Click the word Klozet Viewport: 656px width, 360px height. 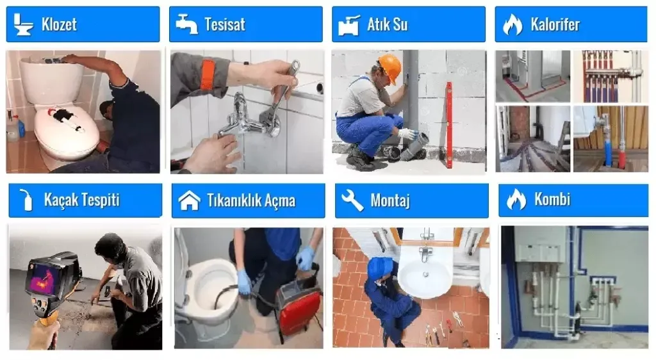click(x=59, y=24)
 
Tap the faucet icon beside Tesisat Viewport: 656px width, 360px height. click(x=186, y=24)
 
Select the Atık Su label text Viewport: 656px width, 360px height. click(x=388, y=24)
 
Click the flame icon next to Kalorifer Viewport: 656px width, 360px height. click(x=512, y=24)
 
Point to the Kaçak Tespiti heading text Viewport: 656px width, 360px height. click(x=81, y=200)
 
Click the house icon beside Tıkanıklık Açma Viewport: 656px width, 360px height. click(x=190, y=200)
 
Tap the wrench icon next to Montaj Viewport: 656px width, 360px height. click(x=352, y=200)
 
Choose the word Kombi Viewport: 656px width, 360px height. click(x=552, y=199)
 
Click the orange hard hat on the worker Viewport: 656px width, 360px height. click(x=390, y=67)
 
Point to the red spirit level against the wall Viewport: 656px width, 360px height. click(x=449, y=125)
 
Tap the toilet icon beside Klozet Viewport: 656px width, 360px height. click(x=22, y=24)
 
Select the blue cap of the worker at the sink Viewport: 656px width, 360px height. click(x=380, y=266)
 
